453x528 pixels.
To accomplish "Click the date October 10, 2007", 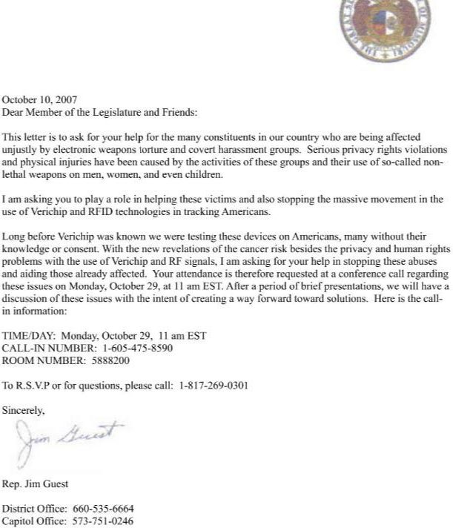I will [x=39, y=100].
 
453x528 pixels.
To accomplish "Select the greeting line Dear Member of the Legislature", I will [x=100, y=112].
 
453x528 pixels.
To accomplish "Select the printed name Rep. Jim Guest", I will [x=36, y=484].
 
